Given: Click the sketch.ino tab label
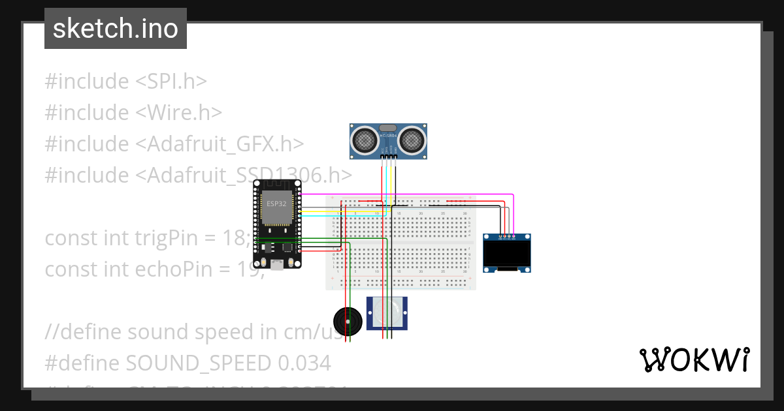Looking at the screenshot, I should pos(116,29).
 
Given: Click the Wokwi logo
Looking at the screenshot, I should pos(694,359).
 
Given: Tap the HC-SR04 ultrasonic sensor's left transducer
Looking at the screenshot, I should pos(364,139).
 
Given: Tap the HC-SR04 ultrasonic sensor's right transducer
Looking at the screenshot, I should pos(412,139).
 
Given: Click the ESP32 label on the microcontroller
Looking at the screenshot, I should pos(276,204).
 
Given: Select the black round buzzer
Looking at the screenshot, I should pos(347,320).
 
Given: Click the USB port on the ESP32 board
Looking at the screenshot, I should pos(278,264).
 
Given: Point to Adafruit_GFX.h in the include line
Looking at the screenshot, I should pos(220,144).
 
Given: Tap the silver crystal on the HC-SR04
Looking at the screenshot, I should pos(388,128).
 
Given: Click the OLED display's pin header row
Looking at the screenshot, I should pos(507,237).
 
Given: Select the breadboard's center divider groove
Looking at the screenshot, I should pos(401,242).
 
